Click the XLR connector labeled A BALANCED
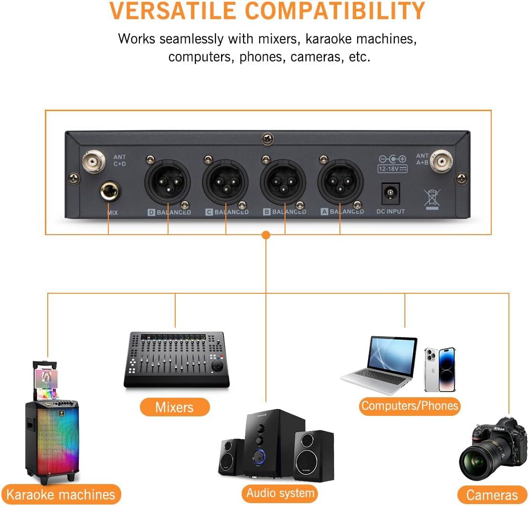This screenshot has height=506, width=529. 340,181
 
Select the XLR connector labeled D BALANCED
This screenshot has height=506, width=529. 168,181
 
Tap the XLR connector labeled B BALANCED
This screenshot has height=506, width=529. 283,182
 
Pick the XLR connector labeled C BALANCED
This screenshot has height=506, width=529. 225,182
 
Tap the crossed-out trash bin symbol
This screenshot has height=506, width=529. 432,198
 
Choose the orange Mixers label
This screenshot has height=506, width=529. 175,407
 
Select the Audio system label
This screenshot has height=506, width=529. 280,492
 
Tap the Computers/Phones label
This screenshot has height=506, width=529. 409,406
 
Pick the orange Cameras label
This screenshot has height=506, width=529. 492,495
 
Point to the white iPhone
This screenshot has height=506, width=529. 440,369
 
